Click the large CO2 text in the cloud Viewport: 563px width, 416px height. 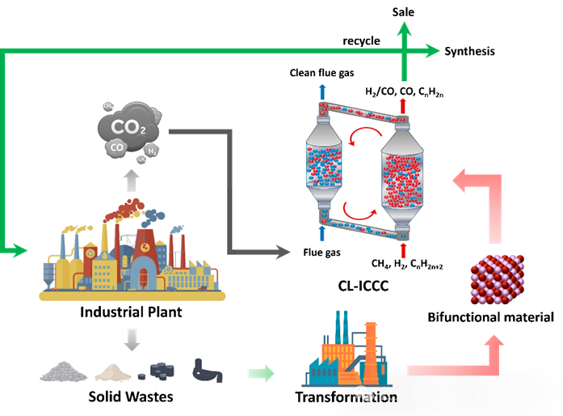pos(129,127)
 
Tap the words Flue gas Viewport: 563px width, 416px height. pos(322,253)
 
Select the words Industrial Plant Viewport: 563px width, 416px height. pos(131,312)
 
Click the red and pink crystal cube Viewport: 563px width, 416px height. pos(498,278)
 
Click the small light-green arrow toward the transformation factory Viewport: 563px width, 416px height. pos(260,373)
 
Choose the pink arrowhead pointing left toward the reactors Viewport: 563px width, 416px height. pos(461,180)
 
